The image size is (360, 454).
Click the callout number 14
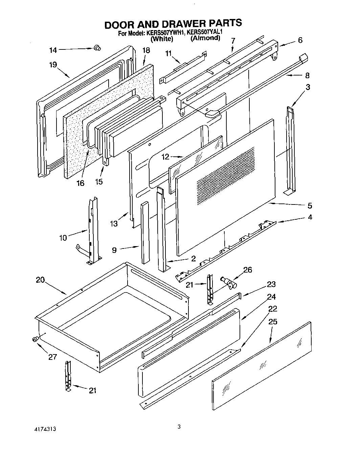pyautogui.click(x=53, y=50)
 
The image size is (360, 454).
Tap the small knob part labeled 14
pyautogui.click(x=97, y=48)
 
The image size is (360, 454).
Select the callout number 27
pyautogui.click(x=52, y=357)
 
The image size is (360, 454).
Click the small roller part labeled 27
pyautogui.click(x=35, y=339)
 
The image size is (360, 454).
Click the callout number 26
pyautogui.click(x=248, y=270)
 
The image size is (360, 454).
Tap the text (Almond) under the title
pyautogui.click(x=205, y=38)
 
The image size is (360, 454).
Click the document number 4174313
pyautogui.click(x=42, y=429)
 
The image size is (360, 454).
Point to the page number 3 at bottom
pyautogui.click(x=179, y=427)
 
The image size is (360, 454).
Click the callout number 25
pyautogui.click(x=272, y=321)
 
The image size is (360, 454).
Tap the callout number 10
pyautogui.click(x=63, y=238)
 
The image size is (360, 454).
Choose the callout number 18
pyautogui.click(x=146, y=50)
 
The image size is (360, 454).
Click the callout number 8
pyautogui.click(x=307, y=75)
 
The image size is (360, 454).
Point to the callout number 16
pyautogui.click(x=80, y=183)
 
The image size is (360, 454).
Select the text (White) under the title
pyautogui.click(x=162, y=39)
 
